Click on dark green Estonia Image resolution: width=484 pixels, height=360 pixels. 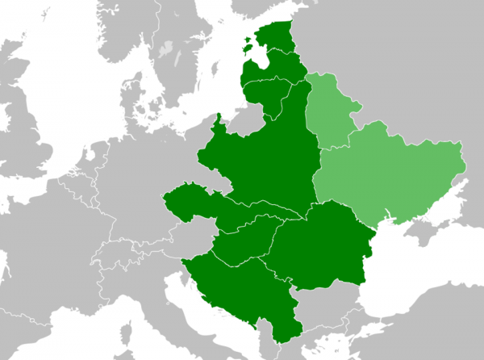coord(279,36)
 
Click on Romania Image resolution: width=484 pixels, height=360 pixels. coord(323,246)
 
